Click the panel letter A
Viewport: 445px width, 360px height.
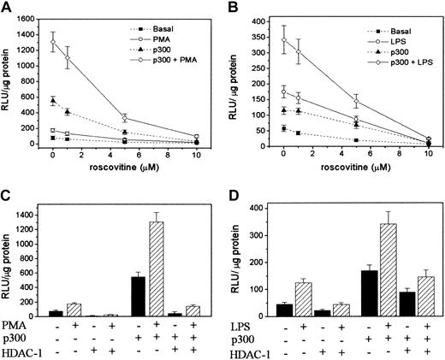(x=7, y=8)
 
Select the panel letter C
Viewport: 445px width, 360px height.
(x=7, y=191)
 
